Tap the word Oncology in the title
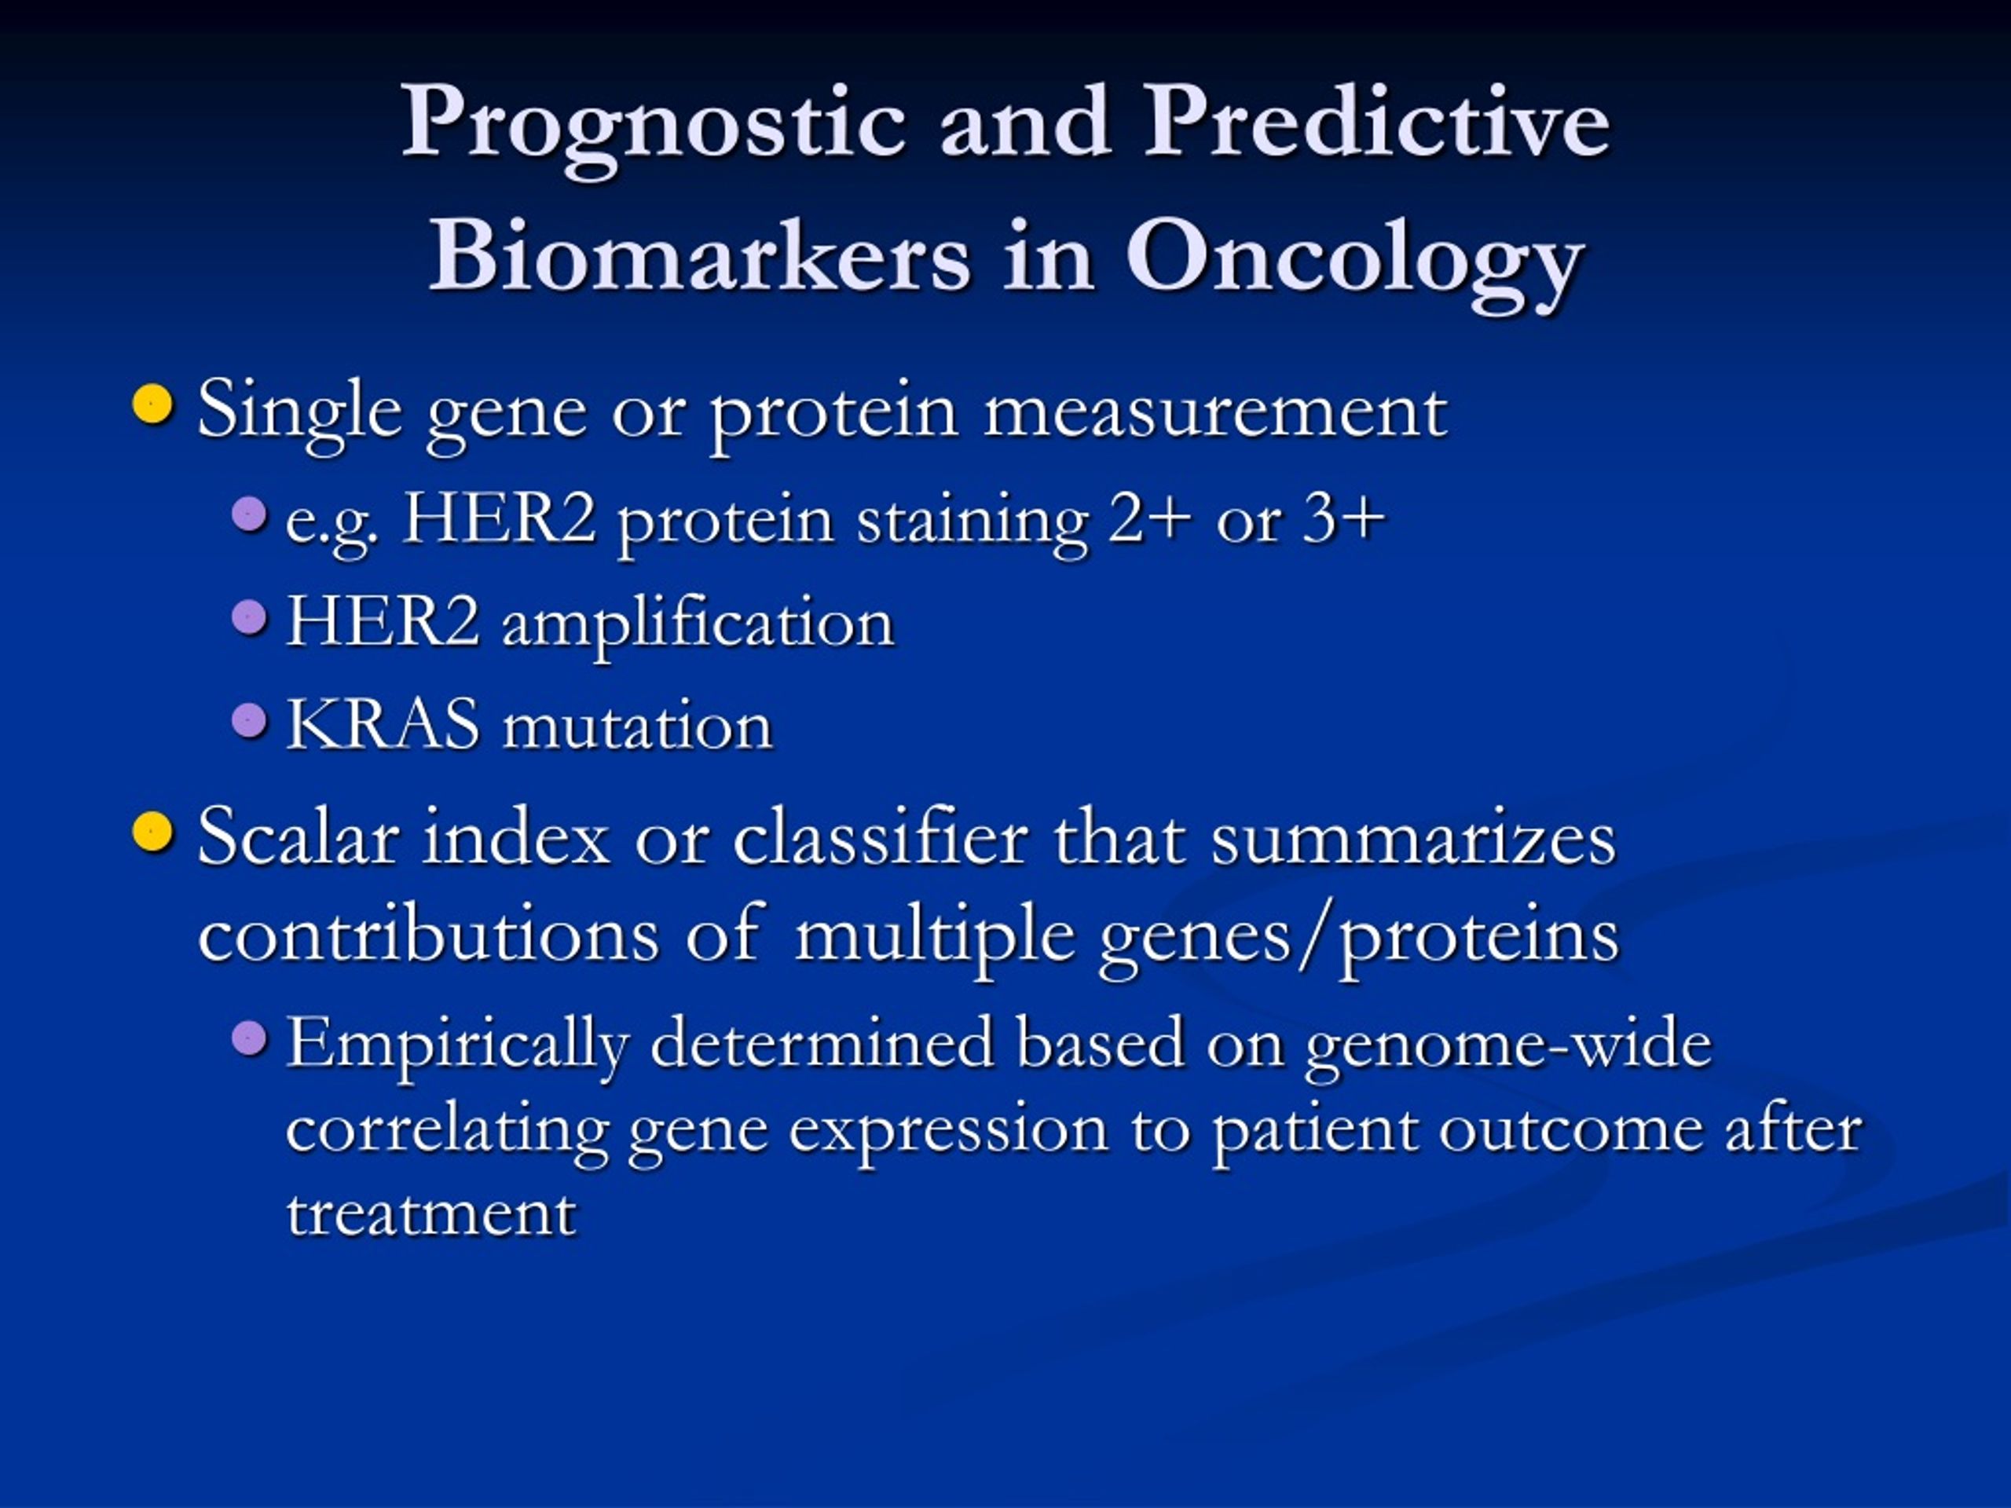[x=1356, y=262]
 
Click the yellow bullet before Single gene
[x=152, y=404]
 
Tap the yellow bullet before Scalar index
[x=152, y=831]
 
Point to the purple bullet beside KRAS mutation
[x=249, y=721]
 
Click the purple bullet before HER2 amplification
[x=249, y=618]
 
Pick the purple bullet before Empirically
[x=249, y=1038]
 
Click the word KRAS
[x=383, y=724]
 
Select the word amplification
[x=698, y=625]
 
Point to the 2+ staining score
[x=1150, y=520]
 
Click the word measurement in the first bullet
[x=1215, y=414]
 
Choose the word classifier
[x=881, y=836]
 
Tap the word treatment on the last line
[x=431, y=1213]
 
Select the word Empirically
[x=458, y=1047]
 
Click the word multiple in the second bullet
[x=936, y=936]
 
